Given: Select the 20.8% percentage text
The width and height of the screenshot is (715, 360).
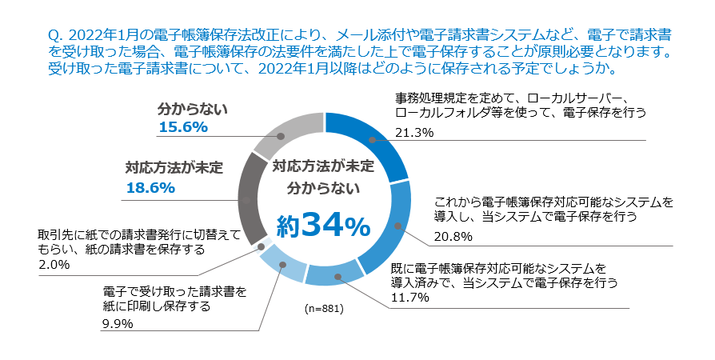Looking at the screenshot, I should (x=453, y=237).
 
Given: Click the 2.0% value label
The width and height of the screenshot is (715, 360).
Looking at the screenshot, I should (x=54, y=264).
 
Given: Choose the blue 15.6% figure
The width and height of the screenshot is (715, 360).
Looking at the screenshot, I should (x=183, y=127).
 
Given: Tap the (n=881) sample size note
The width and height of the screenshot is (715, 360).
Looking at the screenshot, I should (x=324, y=308).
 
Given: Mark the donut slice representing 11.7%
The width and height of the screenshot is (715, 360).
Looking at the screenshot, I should (x=335, y=274).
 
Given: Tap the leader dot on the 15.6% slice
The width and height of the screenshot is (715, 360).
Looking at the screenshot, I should (x=281, y=137).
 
